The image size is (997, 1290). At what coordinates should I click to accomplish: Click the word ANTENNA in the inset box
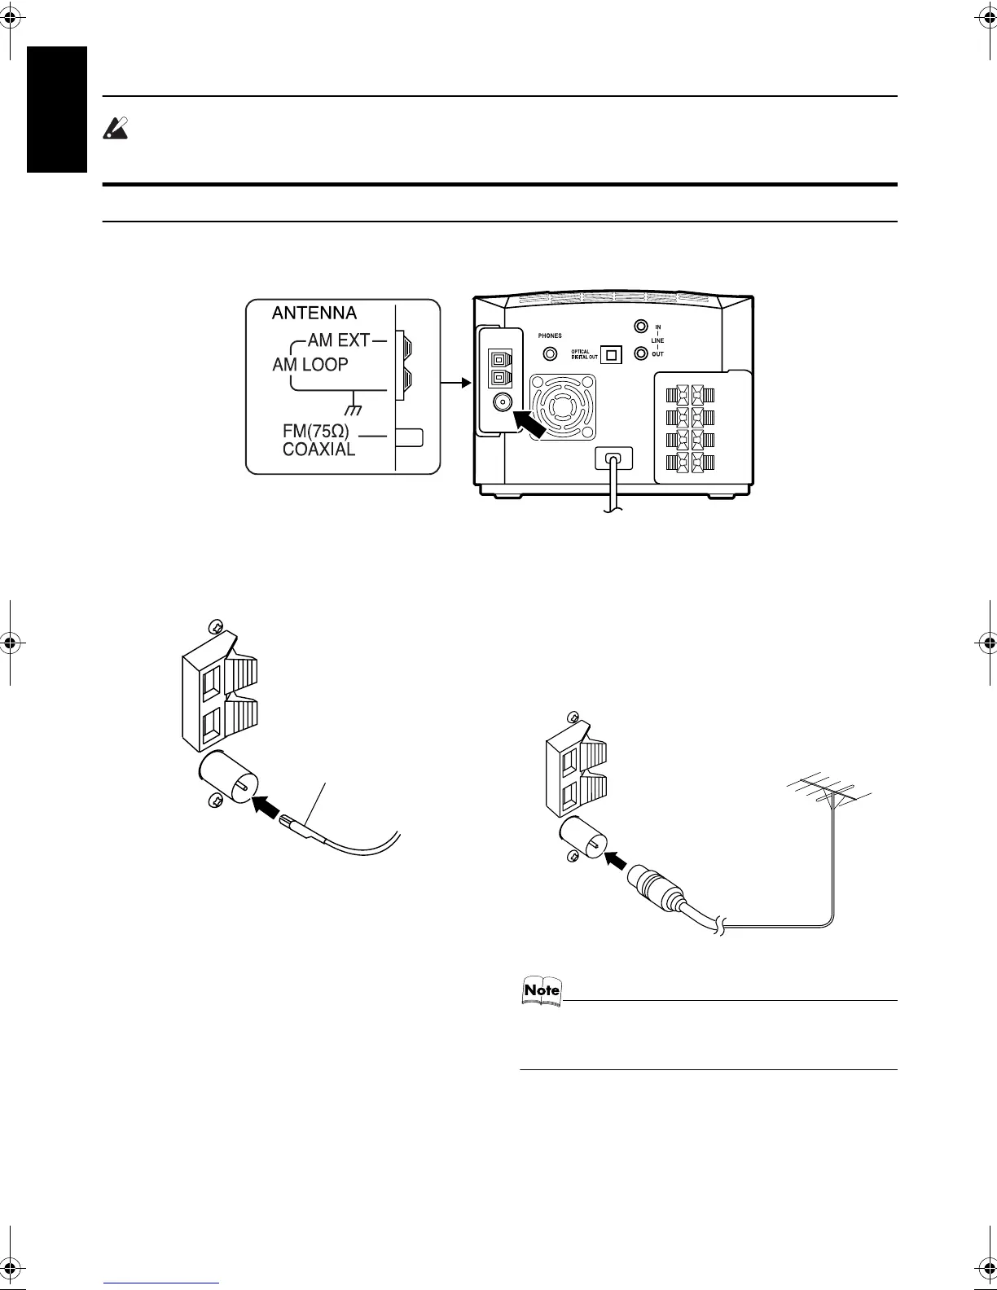[x=314, y=314]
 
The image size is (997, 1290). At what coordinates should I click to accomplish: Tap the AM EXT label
[x=338, y=340]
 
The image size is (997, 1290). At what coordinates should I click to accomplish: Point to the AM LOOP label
[x=310, y=365]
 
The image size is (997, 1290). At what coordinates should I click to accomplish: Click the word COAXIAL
[x=318, y=449]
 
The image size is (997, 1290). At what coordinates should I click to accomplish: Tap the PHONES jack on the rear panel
[x=551, y=353]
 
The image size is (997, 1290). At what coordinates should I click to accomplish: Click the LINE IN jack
[x=641, y=327]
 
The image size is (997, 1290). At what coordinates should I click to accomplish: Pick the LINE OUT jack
[x=641, y=353]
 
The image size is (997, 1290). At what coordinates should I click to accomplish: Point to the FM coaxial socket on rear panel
[x=500, y=401]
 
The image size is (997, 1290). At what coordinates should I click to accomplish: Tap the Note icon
[x=542, y=990]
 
